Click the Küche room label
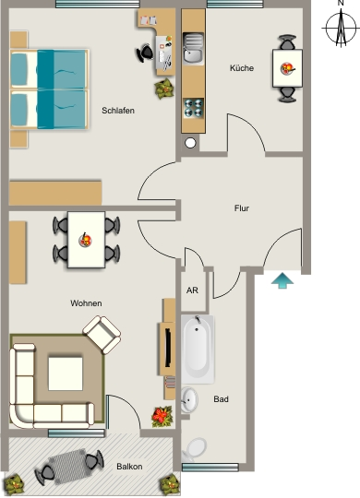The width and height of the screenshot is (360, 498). (242, 68)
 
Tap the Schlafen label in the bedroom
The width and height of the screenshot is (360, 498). (118, 111)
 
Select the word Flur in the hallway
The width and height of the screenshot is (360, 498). (242, 208)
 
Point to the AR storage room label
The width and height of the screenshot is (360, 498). (192, 290)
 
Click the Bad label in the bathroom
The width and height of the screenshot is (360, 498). (221, 399)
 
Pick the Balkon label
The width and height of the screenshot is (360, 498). (129, 467)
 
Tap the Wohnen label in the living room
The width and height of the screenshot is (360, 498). (86, 303)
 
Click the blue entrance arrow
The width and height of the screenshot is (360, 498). (282, 280)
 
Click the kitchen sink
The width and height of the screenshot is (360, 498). (194, 49)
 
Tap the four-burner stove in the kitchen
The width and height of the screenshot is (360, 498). (194, 108)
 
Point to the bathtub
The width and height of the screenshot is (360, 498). (198, 349)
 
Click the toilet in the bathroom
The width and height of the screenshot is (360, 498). (194, 450)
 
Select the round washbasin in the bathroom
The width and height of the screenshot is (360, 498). (189, 400)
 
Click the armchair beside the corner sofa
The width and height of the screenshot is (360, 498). (102, 335)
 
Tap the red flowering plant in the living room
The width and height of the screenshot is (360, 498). (162, 416)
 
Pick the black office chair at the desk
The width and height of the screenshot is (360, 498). (145, 53)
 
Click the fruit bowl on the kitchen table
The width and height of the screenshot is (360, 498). (287, 68)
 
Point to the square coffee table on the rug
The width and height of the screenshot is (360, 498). (66, 373)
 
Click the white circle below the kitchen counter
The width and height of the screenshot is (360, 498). (190, 143)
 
